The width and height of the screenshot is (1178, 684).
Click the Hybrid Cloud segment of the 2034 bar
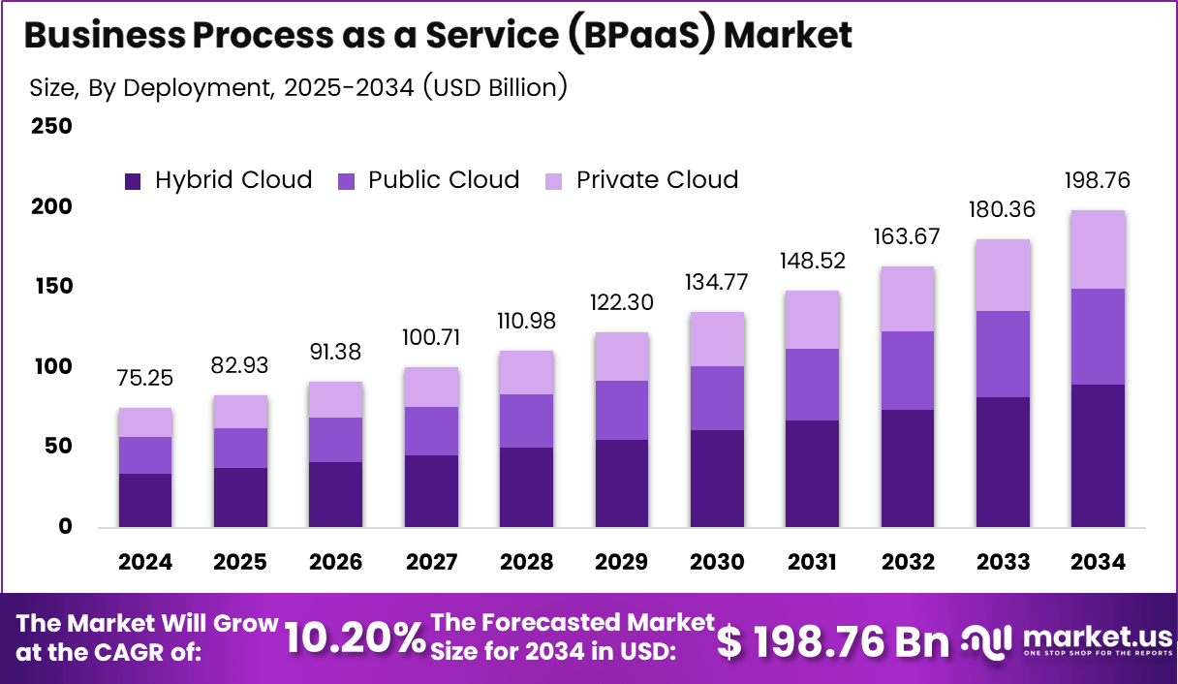[x=1098, y=455]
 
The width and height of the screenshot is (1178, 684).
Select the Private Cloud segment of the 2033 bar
[x=1003, y=275]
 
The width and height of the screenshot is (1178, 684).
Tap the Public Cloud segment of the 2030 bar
[x=717, y=398]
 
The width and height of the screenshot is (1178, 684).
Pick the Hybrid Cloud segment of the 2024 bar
[x=145, y=500]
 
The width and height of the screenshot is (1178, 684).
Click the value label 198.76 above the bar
[x=1098, y=181]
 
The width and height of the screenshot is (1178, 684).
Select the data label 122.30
[x=622, y=302]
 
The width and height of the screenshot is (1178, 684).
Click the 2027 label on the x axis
[x=431, y=563]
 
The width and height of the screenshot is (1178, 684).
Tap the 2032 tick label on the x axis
[x=908, y=563]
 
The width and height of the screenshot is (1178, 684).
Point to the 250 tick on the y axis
[x=51, y=127]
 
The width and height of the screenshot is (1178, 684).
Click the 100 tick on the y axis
[x=51, y=367]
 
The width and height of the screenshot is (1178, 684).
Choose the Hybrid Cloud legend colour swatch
[x=134, y=181]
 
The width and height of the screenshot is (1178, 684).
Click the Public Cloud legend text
[x=444, y=180]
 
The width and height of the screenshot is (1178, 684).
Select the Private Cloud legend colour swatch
[x=554, y=181]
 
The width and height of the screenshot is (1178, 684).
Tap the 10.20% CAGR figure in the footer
[x=355, y=638]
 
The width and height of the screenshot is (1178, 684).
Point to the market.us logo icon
[x=987, y=639]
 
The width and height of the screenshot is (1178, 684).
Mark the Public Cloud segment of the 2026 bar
[x=336, y=440]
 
